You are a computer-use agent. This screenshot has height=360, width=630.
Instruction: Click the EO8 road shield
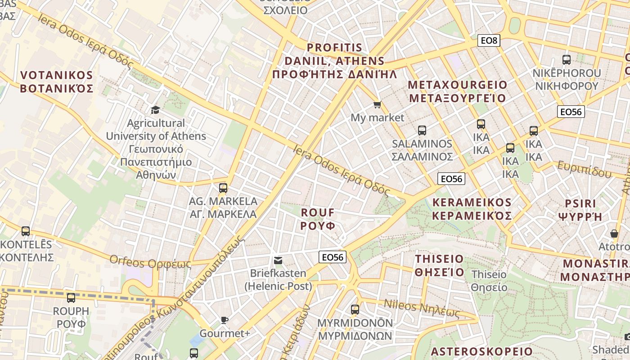point(489,41)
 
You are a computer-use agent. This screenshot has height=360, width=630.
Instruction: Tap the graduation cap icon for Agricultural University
point(155,110)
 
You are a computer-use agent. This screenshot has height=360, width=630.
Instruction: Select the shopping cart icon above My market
point(377,105)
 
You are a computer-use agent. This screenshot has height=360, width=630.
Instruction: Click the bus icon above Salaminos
point(422,130)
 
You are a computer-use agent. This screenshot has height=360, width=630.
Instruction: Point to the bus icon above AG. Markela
point(223,188)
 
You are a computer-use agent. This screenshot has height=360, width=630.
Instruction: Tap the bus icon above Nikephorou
point(567,59)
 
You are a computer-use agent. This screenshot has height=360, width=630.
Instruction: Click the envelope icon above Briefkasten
point(278,260)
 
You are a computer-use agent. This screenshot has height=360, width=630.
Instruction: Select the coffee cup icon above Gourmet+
point(225,320)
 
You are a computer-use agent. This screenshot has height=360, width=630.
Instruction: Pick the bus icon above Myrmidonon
point(355,309)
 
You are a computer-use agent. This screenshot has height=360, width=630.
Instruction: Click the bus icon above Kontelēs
point(26,231)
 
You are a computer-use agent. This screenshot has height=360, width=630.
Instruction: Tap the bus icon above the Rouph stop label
point(71,297)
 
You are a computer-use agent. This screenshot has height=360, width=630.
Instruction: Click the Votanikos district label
point(57,81)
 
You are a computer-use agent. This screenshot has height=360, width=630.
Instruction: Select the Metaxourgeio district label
point(457,91)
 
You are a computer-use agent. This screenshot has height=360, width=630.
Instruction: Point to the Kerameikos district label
point(472,209)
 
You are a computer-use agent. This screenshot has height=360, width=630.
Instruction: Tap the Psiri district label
point(580,210)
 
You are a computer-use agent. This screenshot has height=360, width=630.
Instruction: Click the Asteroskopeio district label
point(481,351)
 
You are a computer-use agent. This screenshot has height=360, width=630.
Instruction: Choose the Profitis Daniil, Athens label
point(341,61)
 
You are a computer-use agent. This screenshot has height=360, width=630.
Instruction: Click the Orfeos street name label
point(150,261)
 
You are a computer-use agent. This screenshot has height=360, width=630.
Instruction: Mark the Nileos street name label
point(422,308)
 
